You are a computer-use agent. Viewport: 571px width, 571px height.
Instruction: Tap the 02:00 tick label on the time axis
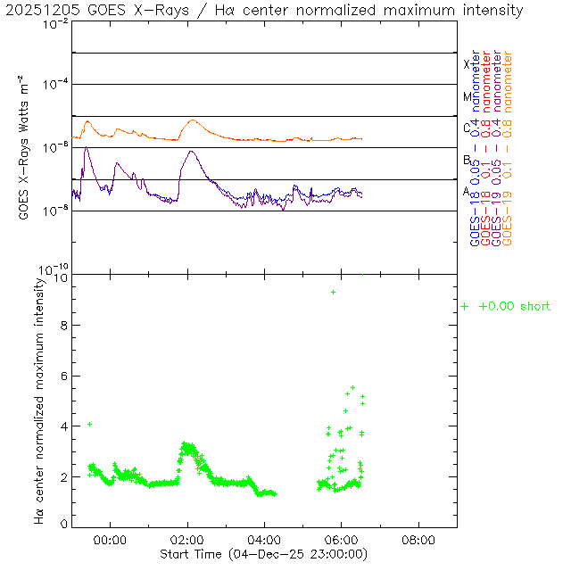[187, 540]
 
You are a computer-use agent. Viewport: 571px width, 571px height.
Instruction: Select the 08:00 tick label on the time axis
[418, 540]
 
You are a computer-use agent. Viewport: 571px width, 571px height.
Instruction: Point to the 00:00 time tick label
[110, 540]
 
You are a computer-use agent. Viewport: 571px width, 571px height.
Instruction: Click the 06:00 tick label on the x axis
[342, 540]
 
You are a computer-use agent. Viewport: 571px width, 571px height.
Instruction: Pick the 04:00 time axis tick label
[264, 540]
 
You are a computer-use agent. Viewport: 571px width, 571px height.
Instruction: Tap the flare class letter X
[467, 64]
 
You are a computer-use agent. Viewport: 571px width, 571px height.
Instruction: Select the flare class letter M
[467, 96]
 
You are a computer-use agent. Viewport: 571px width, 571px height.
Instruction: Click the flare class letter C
[467, 128]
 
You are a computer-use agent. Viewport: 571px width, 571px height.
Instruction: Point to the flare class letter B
[467, 160]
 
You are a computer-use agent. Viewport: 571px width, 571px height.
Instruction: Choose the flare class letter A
[467, 191]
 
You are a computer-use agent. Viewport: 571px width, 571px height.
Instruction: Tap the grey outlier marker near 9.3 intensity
[334, 292]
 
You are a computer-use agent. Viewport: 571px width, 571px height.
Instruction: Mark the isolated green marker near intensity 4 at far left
[89, 424]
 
